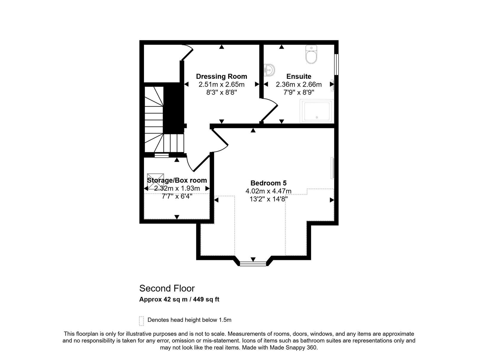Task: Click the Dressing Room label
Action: [x=221, y=76]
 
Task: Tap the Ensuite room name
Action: [x=298, y=76]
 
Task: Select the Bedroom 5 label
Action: [x=268, y=183]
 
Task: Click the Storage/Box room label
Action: [x=177, y=180]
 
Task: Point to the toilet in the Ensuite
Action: [x=311, y=54]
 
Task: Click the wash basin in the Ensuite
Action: [x=269, y=70]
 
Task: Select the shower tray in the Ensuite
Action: [x=317, y=111]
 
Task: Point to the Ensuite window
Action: [x=336, y=64]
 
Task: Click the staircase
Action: [x=164, y=119]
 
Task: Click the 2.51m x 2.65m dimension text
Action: [x=221, y=84]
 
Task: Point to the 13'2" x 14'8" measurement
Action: [x=269, y=199]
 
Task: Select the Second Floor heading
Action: [x=167, y=288]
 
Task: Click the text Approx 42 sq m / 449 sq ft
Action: [x=179, y=299]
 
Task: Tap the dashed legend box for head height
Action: [x=141, y=321]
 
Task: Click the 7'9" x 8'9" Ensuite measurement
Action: [x=298, y=93]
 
